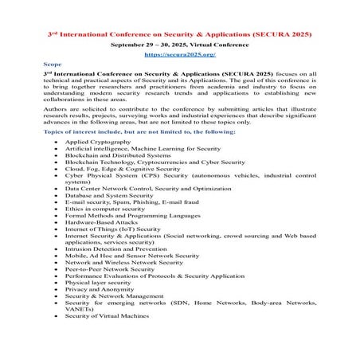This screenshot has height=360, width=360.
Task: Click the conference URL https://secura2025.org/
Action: pyautogui.click(x=179, y=57)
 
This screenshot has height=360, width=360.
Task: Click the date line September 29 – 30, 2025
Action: pyautogui.click(x=179, y=46)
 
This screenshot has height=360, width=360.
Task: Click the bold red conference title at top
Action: pyautogui.click(x=179, y=35)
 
